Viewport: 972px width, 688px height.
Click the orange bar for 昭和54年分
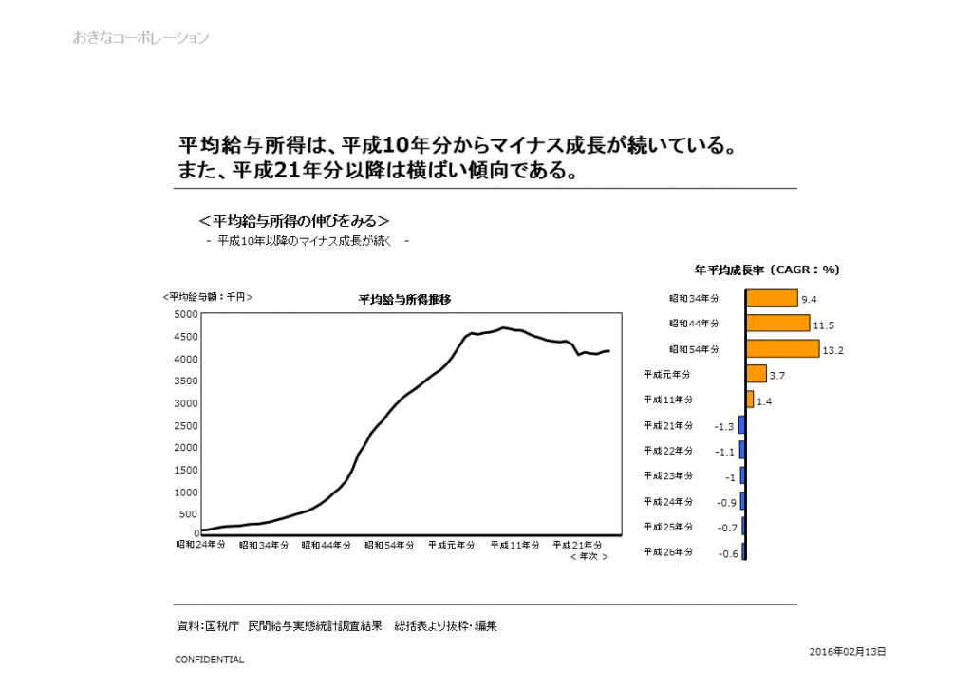click(x=782, y=348)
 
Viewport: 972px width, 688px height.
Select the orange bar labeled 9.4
click(x=772, y=298)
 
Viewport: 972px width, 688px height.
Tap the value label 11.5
click(x=823, y=325)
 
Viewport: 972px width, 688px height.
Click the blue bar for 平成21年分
click(x=742, y=425)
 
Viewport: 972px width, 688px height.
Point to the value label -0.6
click(x=728, y=553)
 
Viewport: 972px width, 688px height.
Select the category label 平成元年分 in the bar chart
click(x=667, y=374)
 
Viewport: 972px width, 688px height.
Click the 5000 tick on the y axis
click(x=186, y=314)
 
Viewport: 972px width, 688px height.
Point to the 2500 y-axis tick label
click(x=186, y=425)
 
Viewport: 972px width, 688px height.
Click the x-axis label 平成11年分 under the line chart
click(x=515, y=545)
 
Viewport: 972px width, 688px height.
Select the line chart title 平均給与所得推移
click(x=404, y=299)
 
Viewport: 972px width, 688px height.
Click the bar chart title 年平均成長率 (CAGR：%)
click(x=767, y=270)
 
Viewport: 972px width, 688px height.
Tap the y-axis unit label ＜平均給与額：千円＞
click(x=208, y=297)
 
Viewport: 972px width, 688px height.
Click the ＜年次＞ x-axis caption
click(x=589, y=557)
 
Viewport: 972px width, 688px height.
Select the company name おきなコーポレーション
click(x=140, y=38)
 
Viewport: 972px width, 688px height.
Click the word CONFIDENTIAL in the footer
click(x=209, y=660)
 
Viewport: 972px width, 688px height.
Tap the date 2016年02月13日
click(x=848, y=651)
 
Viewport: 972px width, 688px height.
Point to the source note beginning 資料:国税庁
click(x=337, y=626)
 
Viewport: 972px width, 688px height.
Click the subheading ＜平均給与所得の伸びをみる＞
click(x=294, y=221)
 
